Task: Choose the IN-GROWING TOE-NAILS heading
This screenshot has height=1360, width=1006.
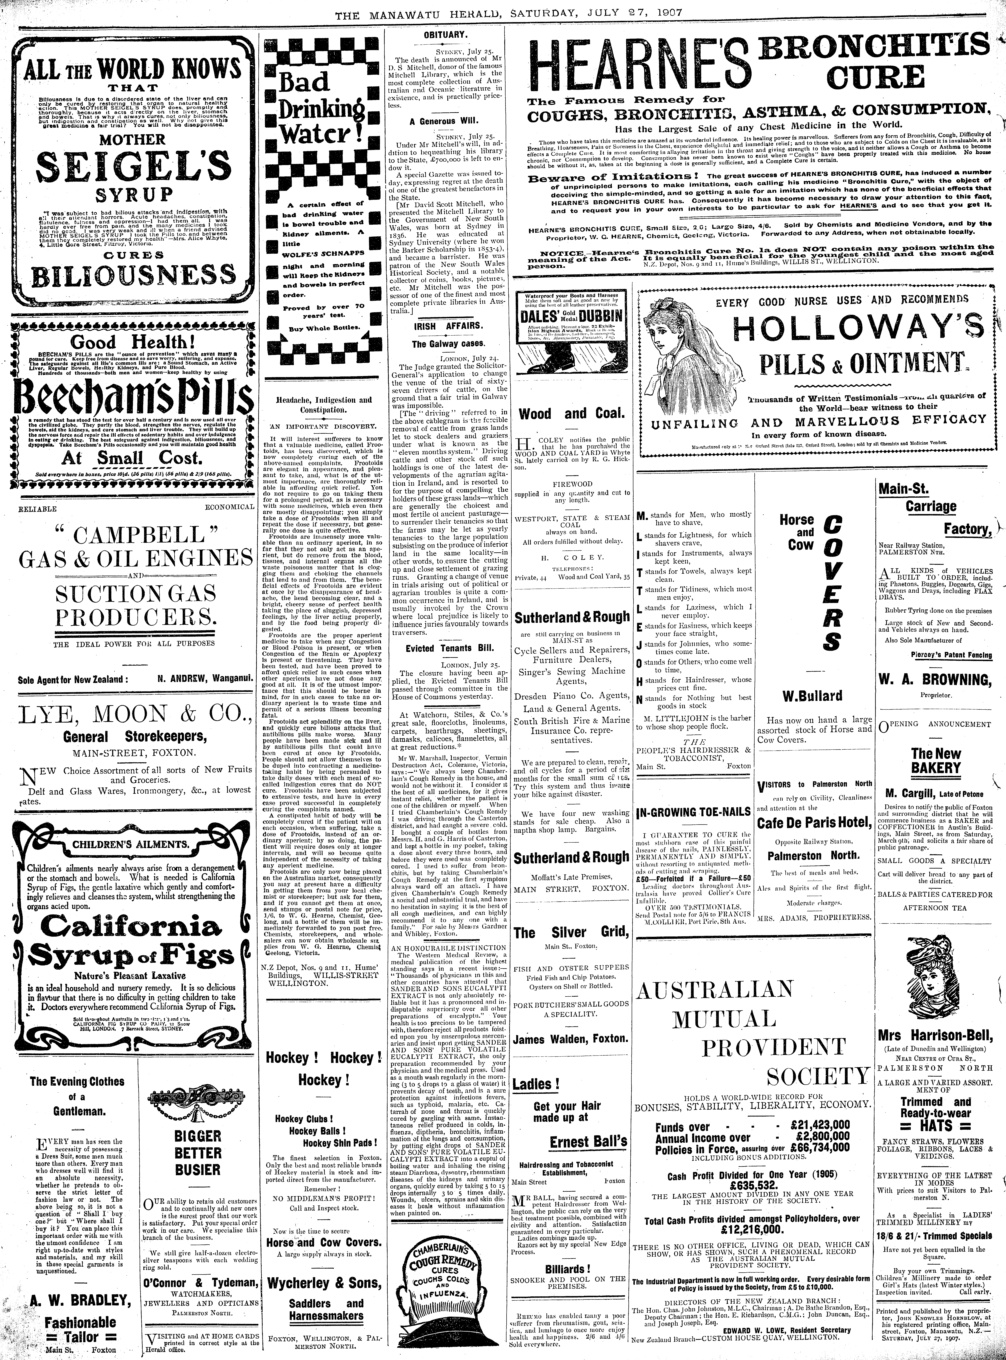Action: pos(692,812)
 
